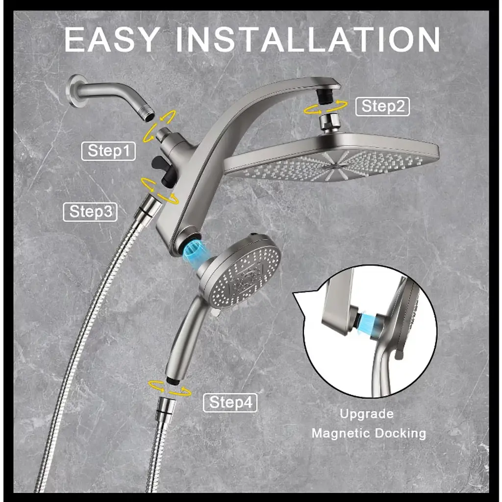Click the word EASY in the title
(x=112, y=39)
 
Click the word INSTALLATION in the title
(x=308, y=39)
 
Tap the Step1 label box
(x=108, y=151)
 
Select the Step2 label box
(x=382, y=106)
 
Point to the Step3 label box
(x=90, y=212)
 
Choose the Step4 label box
(x=230, y=402)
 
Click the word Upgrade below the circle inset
(x=367, y=414)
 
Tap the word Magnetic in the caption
(x=341, y=433)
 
